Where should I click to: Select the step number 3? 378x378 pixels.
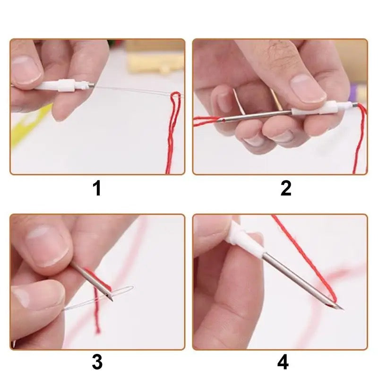(97, 362)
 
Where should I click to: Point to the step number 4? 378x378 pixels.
(283, 362)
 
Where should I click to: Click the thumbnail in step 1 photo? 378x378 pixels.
(26, 69)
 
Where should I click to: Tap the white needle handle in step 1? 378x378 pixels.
(59, 86)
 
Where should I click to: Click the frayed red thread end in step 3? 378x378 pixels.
(97, 328)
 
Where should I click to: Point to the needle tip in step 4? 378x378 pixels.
(341, 309)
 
